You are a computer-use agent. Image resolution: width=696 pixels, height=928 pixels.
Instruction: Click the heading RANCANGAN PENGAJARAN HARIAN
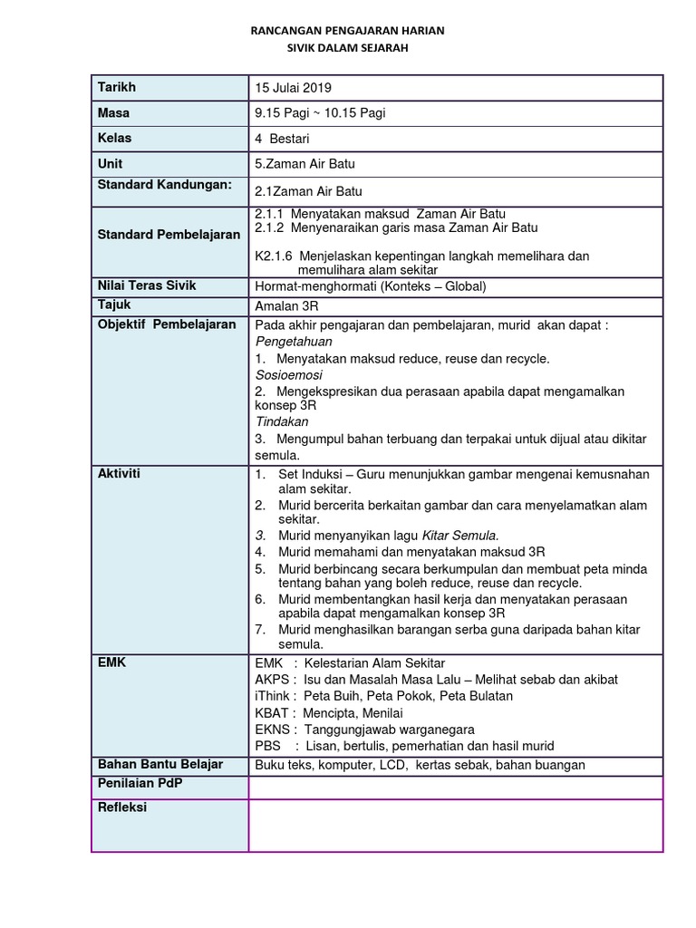click(x=347, y=31)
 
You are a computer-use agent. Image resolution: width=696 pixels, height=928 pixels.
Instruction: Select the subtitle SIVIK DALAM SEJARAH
click(x=347, y=48)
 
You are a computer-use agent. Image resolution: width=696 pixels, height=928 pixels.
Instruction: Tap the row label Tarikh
click(x=116, y=87)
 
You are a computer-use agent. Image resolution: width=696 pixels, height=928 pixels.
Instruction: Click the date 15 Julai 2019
click(x=294, y=88)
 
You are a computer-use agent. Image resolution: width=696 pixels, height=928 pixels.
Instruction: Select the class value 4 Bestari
click(x=284, y=139)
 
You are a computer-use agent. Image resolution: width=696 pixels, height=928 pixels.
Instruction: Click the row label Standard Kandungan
click(x=165, y=185)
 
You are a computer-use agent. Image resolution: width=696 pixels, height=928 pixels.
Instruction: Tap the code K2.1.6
click(x=274, y=256)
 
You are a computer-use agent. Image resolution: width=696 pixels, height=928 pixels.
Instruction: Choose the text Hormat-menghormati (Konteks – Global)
click(x=371, y=286)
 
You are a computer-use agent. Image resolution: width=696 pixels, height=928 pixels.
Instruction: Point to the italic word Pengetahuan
click(x=294, y=342)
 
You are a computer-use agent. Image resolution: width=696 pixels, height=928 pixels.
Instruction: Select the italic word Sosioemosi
click(x=288, y=374)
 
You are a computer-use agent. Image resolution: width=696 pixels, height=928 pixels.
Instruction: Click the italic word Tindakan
click(x=282, y=421)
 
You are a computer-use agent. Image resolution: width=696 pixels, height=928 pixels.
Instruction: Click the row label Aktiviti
click(x=119, y=474)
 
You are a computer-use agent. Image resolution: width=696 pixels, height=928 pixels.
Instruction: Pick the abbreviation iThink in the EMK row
click(x=274, y=696)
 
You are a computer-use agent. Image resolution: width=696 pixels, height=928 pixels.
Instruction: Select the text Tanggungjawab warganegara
click(x=389, y=730)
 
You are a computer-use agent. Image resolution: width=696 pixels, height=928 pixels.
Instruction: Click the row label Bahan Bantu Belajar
click(x=159, y=764)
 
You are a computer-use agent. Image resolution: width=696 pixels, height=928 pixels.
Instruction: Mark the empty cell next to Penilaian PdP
click(x=455, y=788)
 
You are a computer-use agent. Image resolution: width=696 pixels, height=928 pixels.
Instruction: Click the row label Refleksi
click(x=121, y=807)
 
